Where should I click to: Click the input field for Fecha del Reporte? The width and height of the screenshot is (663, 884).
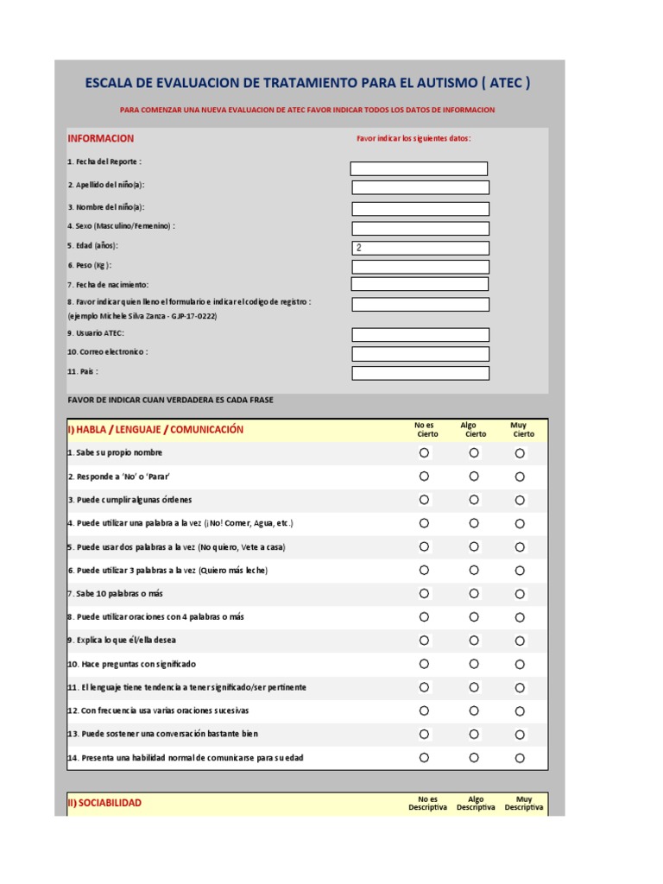[x=419, y=168]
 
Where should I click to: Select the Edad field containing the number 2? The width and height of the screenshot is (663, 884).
[x=420, y=248]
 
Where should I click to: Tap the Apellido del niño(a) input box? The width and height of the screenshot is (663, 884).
[x=420, y=187]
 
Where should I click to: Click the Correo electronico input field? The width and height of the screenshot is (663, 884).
[x=420, y=354]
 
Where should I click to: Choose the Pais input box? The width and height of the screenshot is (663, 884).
[x=420, y=373]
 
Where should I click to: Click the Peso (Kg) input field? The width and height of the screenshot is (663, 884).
[x=420, y=267]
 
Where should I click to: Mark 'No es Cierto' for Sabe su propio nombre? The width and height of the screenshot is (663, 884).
[x=424, y=452]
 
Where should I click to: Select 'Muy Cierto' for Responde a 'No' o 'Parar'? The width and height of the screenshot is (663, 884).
[x=520, y=477]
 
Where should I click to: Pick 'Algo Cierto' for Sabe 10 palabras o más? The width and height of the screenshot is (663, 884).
[x=474, y=593]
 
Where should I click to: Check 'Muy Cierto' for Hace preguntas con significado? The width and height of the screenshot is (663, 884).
[x=520, y=664]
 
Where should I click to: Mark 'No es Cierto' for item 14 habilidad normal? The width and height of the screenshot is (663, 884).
[x=424, y=757]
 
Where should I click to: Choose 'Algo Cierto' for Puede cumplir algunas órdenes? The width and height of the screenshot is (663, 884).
[x=474, y=500]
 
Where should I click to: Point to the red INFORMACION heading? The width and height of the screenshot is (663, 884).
[x=101, y=138]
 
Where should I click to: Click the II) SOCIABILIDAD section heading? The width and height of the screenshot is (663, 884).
[x=104, y=803]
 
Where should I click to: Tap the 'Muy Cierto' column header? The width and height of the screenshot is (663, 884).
[x=519, y=429]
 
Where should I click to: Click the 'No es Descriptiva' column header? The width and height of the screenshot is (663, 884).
[x=427, y=804]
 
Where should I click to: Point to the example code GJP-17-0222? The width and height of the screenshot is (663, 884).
[x=193, y=316]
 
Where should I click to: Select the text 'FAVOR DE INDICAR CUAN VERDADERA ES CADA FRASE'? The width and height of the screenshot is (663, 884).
[x=170, y=400]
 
